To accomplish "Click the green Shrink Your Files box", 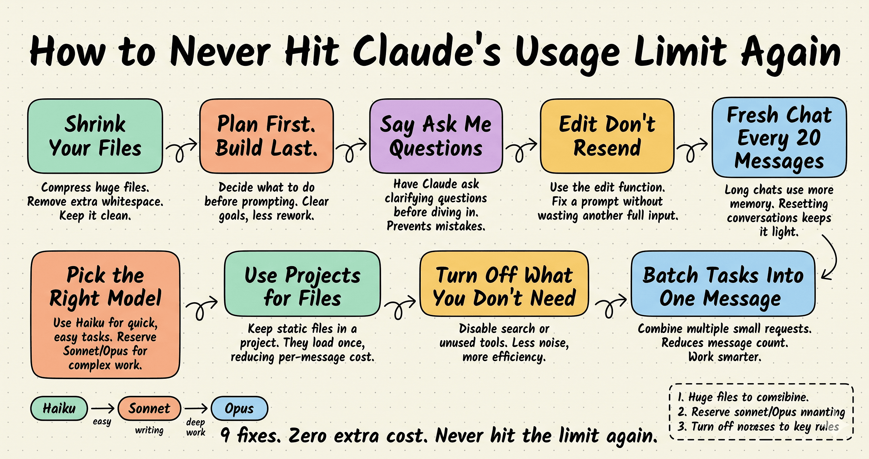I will [95, 136].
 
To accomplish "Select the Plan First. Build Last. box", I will [266, 136].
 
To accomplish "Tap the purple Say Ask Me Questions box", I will [436, 136].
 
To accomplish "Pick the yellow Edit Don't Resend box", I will [607, 136].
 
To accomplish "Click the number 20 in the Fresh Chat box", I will [808, 138].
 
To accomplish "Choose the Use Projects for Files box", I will [302, 283].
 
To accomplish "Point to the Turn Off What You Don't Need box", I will [504, 283].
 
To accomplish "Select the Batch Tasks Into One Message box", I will [723, 283].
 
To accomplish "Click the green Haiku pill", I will [59, 409].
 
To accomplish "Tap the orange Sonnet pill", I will [149, 409].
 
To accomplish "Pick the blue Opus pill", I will [239, 409].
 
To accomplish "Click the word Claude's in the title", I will [427, 52].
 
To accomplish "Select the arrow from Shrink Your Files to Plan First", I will [181, 148].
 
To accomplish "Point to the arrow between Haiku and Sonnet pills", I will [103, 409].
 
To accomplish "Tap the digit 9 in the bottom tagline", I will [225, 435].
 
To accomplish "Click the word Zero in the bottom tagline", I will [307, 435].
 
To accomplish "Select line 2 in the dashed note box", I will [761, 412].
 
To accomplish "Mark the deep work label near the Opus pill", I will [196, 427].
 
